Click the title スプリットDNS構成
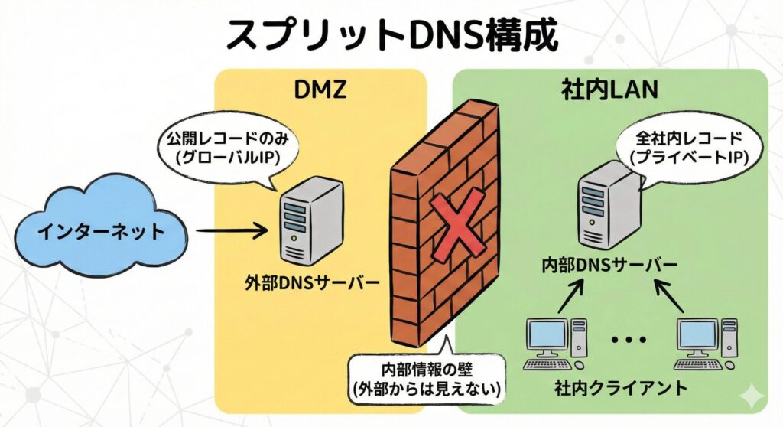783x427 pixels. coord(391,34)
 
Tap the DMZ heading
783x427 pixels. coord(320,90)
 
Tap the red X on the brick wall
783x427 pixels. coord(456,221)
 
